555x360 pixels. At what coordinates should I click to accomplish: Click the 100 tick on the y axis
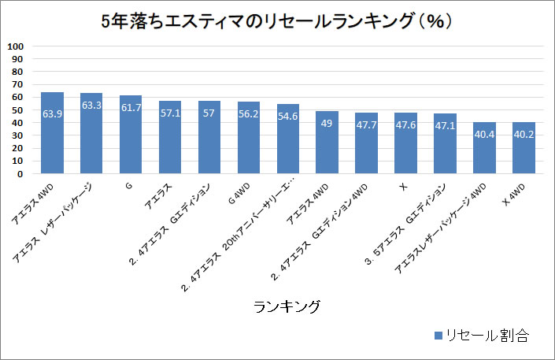pyautogui.click(x=17, y=46)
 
